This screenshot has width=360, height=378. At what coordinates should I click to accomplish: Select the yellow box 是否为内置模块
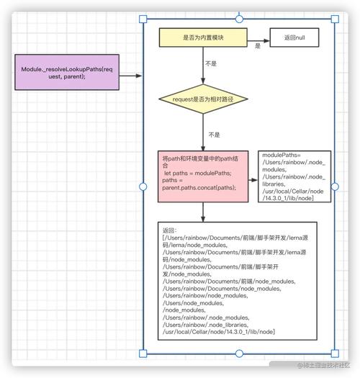(202, 37)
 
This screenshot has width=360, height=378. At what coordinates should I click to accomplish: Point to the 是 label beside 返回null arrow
(258, 46)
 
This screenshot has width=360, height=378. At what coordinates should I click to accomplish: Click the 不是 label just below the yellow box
(211, 63)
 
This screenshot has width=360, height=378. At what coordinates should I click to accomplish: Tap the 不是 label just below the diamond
(214, 134)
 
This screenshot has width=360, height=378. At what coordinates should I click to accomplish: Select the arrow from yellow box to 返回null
(258, 37)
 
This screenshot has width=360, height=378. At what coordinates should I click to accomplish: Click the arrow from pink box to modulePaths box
(252, 176)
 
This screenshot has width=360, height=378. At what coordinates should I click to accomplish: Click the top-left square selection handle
(141, 19)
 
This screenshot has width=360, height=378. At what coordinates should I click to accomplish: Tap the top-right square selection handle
(334, 19)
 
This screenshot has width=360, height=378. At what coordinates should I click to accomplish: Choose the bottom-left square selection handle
(141, 354)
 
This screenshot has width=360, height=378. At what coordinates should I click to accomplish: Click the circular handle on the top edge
(238, 19)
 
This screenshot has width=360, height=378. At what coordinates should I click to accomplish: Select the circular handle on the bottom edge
(238, 354)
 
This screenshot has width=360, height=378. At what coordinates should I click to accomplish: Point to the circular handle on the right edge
(334, 186)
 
